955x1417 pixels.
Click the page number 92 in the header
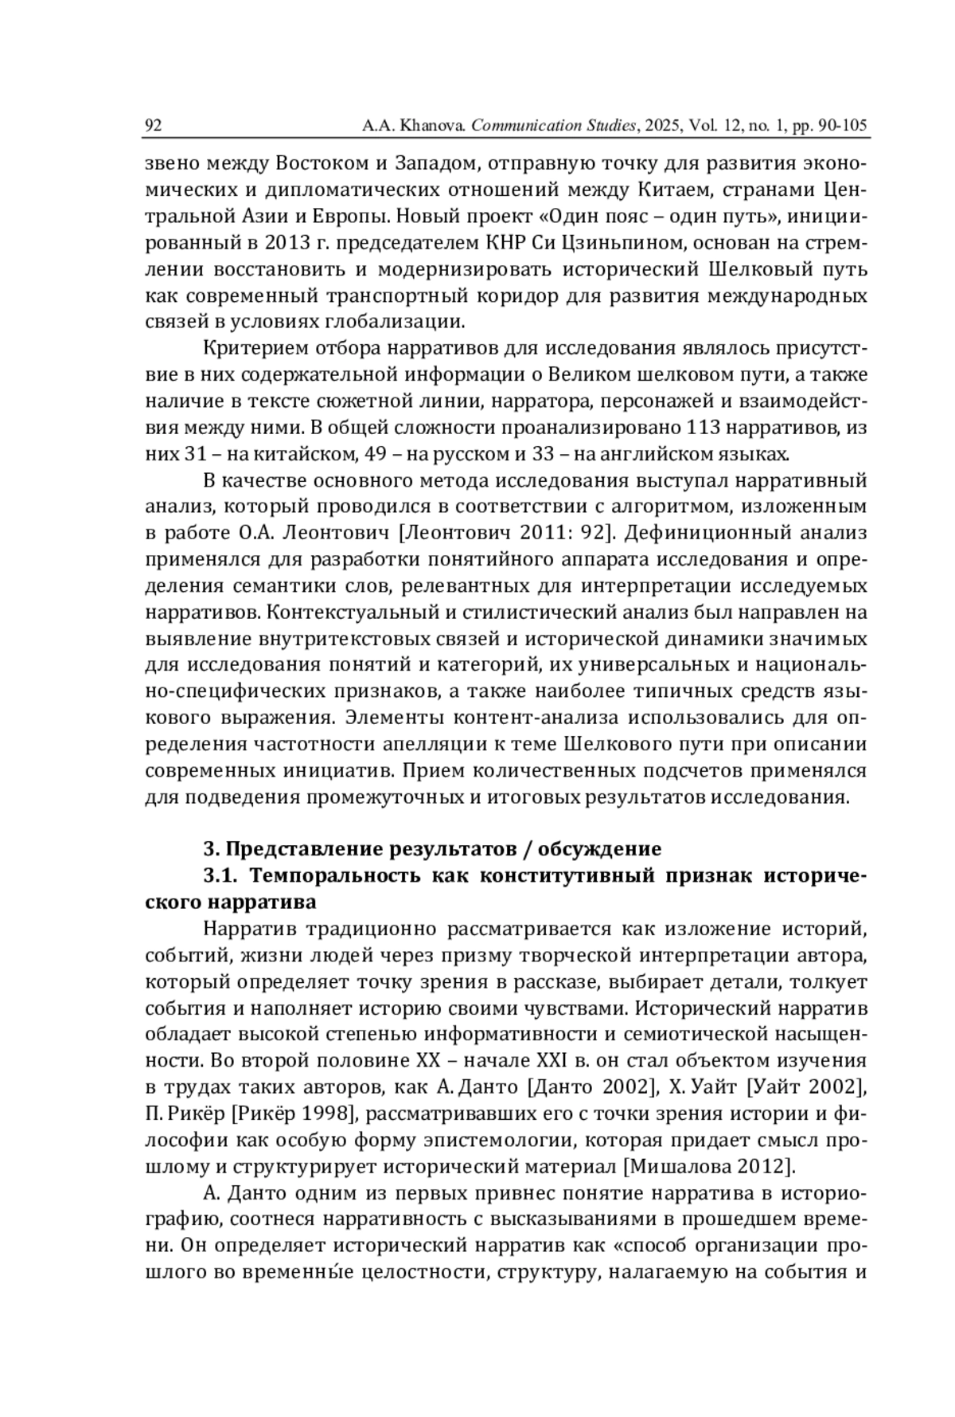click(x=154, y=125)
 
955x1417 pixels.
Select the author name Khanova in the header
click(x=431, y=125)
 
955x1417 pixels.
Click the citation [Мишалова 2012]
click(x=709, y=1167)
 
